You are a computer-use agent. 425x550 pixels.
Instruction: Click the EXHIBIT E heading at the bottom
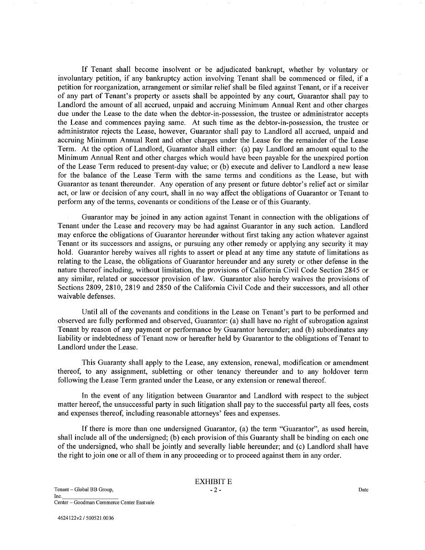[x=213, y=482]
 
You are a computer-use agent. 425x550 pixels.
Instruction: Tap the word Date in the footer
[x=363, y=490]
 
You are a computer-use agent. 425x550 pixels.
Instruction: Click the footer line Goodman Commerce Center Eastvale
[x=104, y=503]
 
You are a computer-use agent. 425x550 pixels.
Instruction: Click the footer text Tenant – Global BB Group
[x=83, y=490]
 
